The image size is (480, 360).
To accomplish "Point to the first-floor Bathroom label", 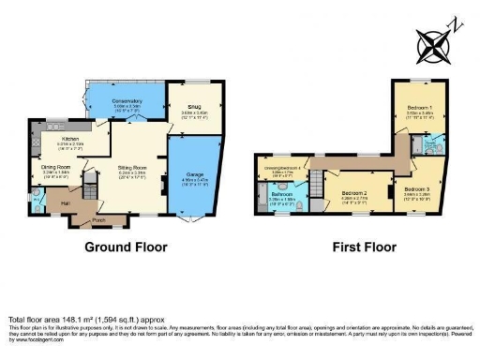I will point(282,194).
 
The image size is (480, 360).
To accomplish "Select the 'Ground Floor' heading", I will point(125,248).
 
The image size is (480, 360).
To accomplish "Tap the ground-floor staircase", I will point(90,183).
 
